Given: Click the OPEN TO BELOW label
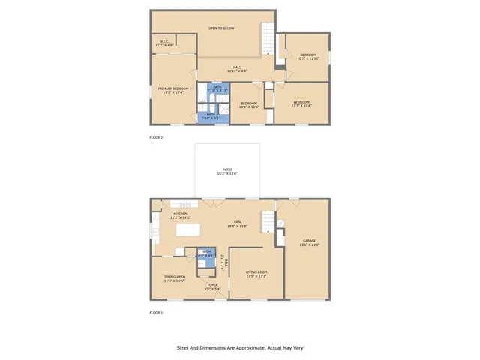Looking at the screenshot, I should click(221, 28).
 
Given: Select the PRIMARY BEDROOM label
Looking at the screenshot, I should click(172, 91).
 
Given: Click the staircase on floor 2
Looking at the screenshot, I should click(268, 38).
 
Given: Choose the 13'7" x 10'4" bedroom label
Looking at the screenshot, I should click(301, 103).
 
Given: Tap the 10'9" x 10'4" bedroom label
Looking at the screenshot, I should click(249, 105).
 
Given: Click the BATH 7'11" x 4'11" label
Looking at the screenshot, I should click(217, 88).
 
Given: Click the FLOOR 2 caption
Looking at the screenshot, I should click(156, 137).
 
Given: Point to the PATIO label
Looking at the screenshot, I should click(227, 171).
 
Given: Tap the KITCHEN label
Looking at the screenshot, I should click(181, 215).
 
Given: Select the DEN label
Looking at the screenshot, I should click(237, 224).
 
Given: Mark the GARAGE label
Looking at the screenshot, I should click(309, 242).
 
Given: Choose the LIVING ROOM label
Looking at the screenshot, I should click(257, 274).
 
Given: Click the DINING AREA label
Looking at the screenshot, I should click(175, 279).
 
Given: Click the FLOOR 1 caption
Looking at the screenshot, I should click(156, 311).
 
